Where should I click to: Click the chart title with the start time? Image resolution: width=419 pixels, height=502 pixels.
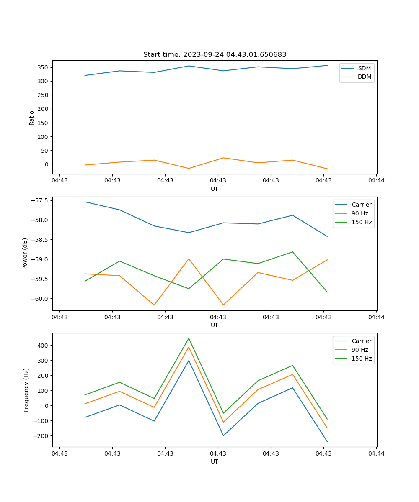tap(215, 55)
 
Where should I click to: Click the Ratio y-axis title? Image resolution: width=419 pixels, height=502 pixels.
tap(32, 117)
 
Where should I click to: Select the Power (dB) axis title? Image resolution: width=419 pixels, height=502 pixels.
tap(25, 254)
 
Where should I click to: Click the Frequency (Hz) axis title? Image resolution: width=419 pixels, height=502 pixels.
tap(26, 390)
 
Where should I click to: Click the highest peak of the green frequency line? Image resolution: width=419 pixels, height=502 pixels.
tap(189, 338)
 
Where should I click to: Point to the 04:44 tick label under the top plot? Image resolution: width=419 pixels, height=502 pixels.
tap(376, 181)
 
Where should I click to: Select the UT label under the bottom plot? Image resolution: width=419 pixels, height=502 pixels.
tap(215, 461)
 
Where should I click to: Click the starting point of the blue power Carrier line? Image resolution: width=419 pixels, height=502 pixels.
tap(85, 202)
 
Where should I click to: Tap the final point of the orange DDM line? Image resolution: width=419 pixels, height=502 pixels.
tap(327, 169)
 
